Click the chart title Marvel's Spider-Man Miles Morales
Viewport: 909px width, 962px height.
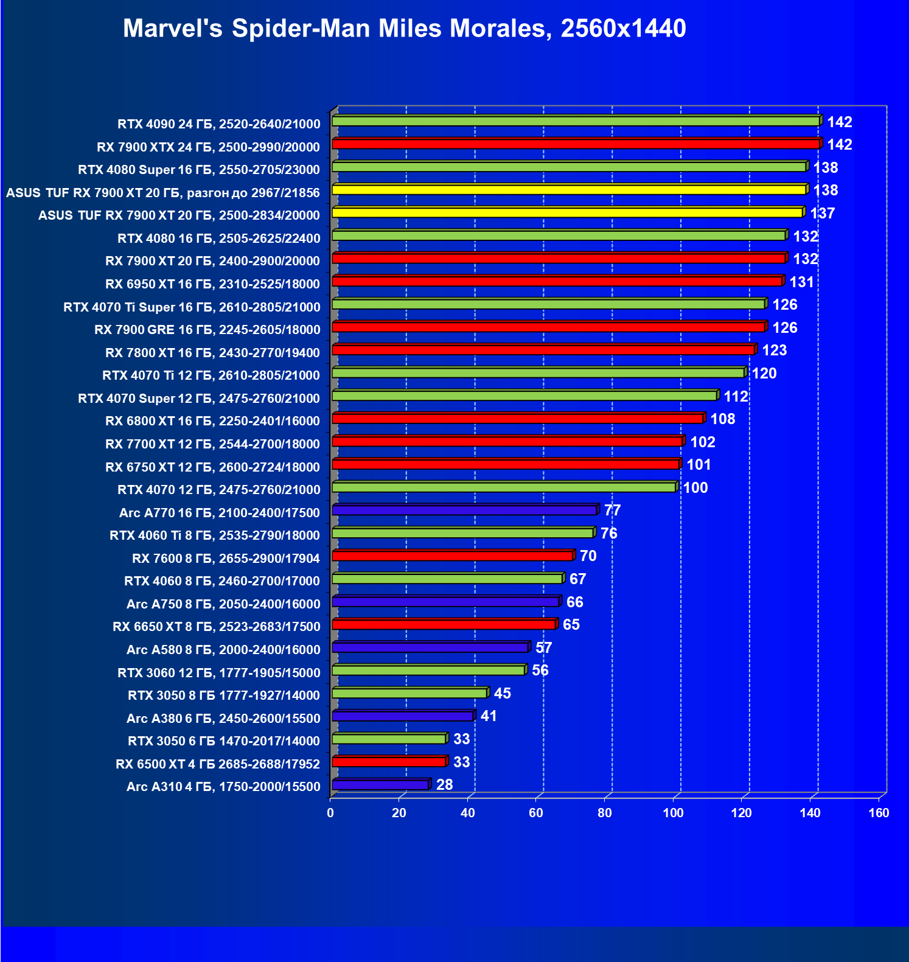(404, 29)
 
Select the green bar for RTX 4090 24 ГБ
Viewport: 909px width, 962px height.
(575, 122)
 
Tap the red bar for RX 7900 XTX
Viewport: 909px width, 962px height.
(575, 144)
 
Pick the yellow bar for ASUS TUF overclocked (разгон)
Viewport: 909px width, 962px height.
(569, 190)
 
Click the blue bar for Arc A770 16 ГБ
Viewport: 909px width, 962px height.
(464, 510)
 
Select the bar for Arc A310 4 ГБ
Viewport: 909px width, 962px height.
(380, 785)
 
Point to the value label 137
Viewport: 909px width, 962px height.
(823, 214)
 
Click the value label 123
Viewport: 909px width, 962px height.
(774, 350)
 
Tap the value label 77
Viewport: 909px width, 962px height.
(612, 511)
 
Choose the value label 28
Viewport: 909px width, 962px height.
(445, 785)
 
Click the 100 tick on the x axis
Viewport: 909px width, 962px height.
(673, 813)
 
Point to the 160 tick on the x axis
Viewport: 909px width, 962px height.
(879, 813)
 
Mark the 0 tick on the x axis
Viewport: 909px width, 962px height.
(330, 813)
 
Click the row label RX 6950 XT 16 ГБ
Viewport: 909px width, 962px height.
(212, 284)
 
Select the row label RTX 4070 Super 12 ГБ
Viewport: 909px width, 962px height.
(199, 399)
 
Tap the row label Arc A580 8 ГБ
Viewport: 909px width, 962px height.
(223, 650)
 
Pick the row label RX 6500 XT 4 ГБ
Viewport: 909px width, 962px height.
(218, 764)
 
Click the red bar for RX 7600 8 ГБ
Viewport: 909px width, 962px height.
(452, 556)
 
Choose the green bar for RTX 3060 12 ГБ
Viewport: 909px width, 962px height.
(428, 671)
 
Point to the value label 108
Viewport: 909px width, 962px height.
(723, 419)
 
